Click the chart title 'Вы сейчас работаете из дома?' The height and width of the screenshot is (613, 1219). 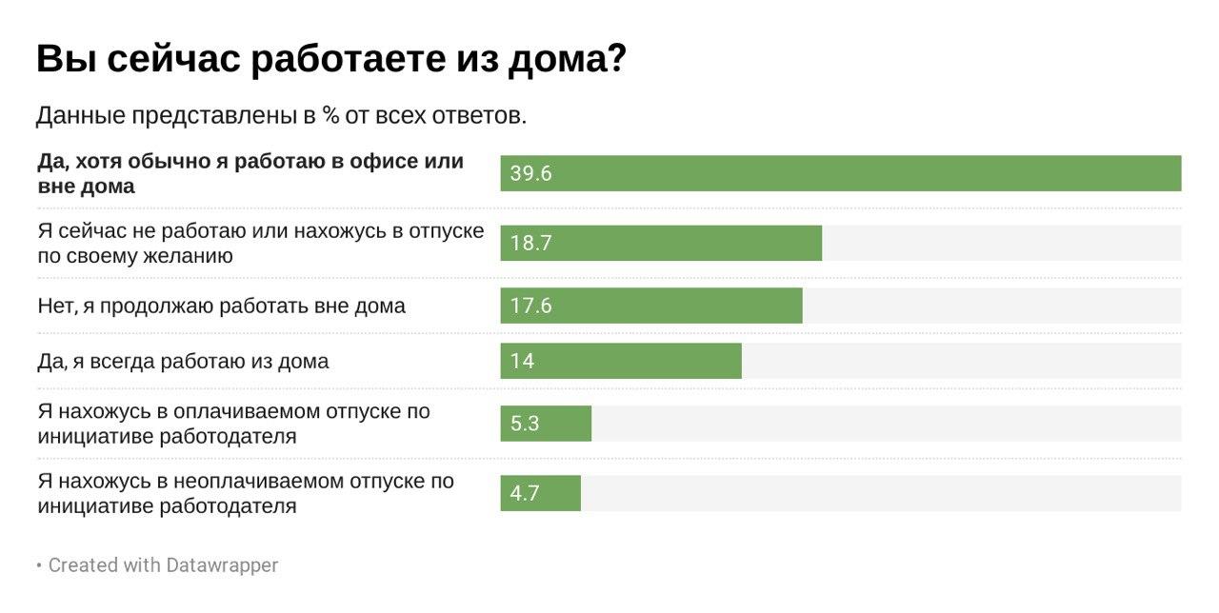pyautogui.click(x=330, y=60)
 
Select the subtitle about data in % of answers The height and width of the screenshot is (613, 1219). pyautogui.click(x=281, y=116)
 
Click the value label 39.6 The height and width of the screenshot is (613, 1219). pyautogui.click(x=530, y=173)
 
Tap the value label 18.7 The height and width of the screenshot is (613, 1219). pyautogui.click(x=530, y=243)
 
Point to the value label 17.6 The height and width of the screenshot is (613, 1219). pyautogui.click(x=530, y=306)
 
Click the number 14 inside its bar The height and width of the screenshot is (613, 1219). pyautogui.click(x=522, y=361)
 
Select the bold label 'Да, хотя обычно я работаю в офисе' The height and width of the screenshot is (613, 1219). pyautogui.click(x=250, y=173)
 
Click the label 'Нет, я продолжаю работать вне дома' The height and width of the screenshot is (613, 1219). pyautogui.click(x=222, y=306)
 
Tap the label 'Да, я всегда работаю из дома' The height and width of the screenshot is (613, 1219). pyautogui.click(x=183, y=361)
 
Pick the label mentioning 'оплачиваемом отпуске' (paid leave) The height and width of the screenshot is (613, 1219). pyautogui.click(x=233, y=424)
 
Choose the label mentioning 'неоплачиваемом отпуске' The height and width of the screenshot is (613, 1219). pyautogui.click(x=246, y=493)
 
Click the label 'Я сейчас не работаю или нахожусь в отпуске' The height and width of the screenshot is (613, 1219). pyautogui.click(x=260, y=243)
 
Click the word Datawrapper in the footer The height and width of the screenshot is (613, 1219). pyautogui.click(x=222, y=564)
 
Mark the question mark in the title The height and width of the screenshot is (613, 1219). pyautogui.click(x=615, y=60)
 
